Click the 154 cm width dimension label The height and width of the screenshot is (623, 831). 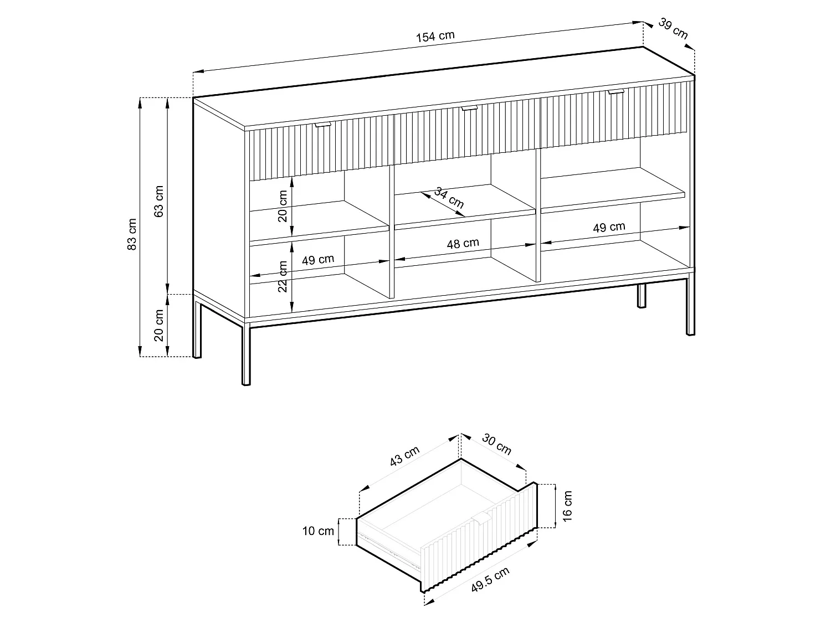click(x=435, y=37)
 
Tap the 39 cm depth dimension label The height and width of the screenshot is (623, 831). click(x=673, y=28)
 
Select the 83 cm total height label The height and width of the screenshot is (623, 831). click(x=131, y=234)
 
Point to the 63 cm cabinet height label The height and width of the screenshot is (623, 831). click(x=158, y=201)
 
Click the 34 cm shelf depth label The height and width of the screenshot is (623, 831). click(x=449, y=198)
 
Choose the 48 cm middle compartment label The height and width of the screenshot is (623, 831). click(x=463, y=243)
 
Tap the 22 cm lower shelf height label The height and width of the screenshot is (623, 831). click(x=283, y=276)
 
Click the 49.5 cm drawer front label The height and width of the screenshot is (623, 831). click(x=490, y=579)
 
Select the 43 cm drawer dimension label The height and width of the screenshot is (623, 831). click(x=405, y=456)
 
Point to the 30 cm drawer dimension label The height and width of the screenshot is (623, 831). click(x=497, y=444)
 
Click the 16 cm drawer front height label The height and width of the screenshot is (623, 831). click(x=567, y=506)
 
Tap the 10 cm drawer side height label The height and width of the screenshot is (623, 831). click(x=318, y=531)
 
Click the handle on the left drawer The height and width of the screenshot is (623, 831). click(x=323, y=125)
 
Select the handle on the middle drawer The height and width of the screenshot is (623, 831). click(x=469, y=109)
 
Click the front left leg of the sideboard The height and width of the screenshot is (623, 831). click(x=246, y=355)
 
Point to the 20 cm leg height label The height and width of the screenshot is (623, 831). click(x=158, y=325)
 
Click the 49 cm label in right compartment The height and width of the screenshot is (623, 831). click(x=609, y=227)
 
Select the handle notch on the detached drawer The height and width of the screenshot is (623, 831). click(x=480, y=518)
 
